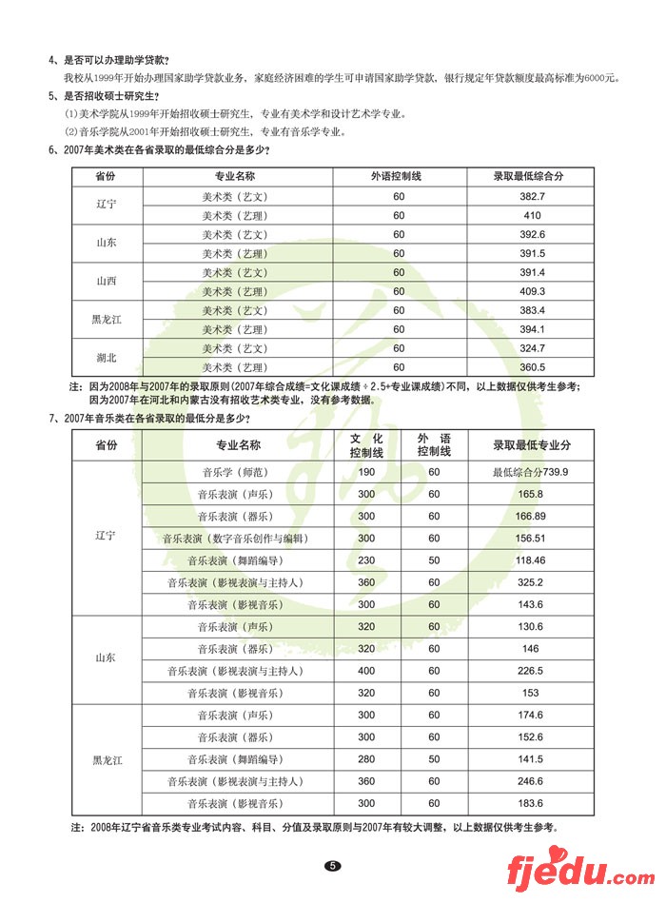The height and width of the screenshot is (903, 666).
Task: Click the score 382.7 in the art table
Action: (531, 196)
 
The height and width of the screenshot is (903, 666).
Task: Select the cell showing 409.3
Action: (531, 291)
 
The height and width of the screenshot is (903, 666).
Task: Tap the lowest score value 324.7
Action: (531, 348)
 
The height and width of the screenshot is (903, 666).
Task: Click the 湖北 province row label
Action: (107, 358)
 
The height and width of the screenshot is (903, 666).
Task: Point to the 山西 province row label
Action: (107, 282)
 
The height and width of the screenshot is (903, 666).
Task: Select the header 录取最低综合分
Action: (531, 176)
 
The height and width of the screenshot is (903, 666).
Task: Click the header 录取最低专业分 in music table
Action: (531, 444)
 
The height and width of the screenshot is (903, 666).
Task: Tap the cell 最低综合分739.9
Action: (531, 473)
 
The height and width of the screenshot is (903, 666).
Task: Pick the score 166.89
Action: (530, 516)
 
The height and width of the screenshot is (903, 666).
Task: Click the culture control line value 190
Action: (366, 473)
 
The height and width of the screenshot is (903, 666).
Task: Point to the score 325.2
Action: (530, 582)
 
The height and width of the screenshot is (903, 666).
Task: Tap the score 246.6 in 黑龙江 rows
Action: (530, 781)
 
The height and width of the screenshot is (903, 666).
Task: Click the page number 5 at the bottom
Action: (332, 866)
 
